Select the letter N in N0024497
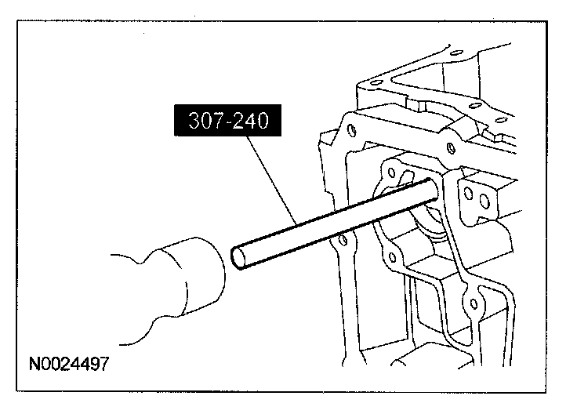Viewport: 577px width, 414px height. (34, 364)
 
